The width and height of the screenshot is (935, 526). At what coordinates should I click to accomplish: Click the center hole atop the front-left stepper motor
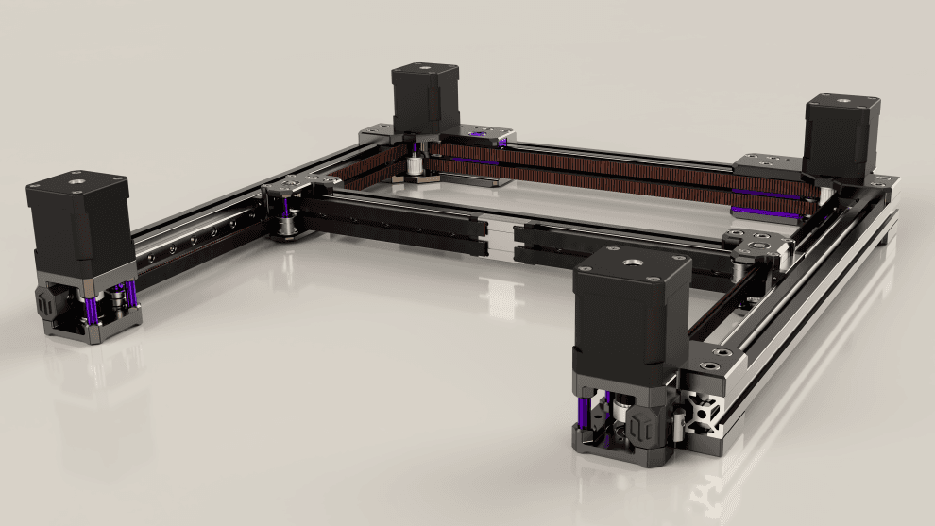coord(75,177)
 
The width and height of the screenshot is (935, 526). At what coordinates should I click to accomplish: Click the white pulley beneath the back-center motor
coord(415,167)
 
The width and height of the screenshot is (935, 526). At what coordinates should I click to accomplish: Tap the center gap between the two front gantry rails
coord(500,238)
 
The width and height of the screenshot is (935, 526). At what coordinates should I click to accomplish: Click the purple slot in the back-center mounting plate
coord(501,143)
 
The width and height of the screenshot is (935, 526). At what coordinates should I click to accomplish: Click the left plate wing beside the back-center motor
coord(377,135)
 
